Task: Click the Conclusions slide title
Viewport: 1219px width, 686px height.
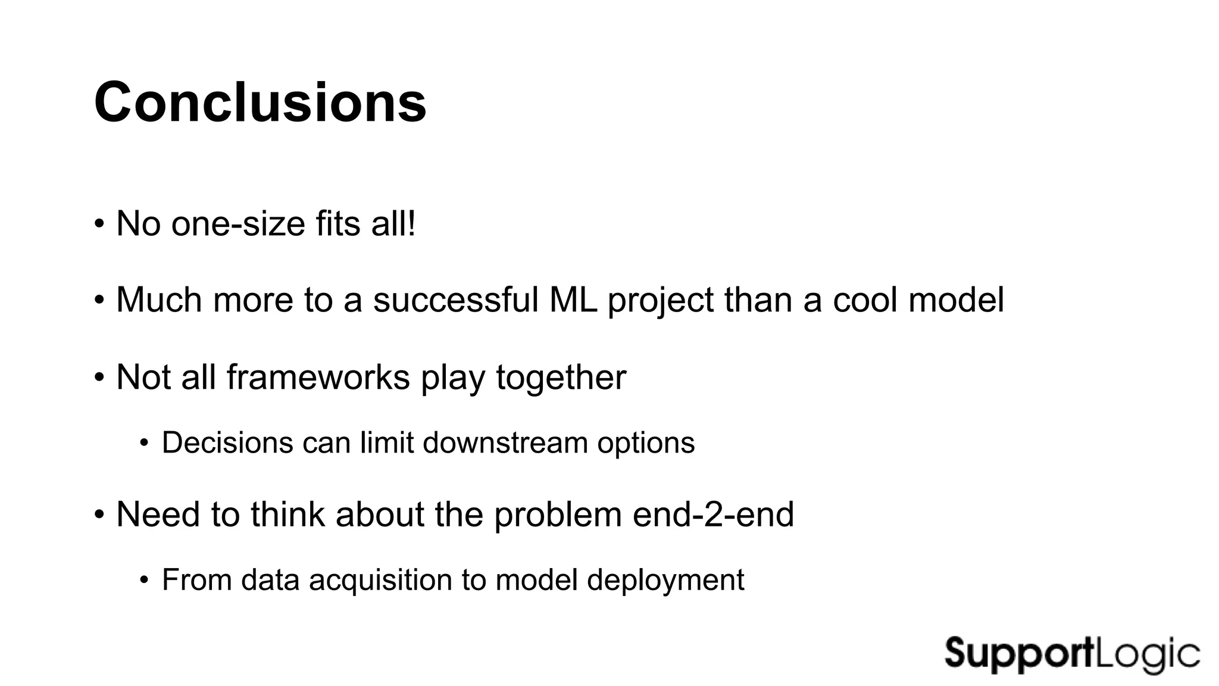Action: pyautogui.click(x=260, y=102)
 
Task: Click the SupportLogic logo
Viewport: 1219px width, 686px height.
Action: pyautogui.click(x=1071, y=654)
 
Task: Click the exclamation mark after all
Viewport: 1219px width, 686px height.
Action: pyautogui.click(x=410, y=224)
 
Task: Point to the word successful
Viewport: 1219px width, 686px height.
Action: pyautogui.click(x=455, y=300)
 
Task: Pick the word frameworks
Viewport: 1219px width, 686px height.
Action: pyautogui.click(x=318, y=377)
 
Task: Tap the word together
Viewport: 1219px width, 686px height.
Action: pyautogui.click(x=561, y=377)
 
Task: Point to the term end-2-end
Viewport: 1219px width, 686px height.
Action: pyautogui.click(x=713, y=514)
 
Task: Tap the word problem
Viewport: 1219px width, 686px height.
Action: pyautogui.click(x=558, y=515)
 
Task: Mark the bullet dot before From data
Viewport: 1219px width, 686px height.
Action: pyautogui.click(x=143, y=579)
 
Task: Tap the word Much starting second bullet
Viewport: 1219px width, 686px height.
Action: pyautogui.click(x=159, y=300)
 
